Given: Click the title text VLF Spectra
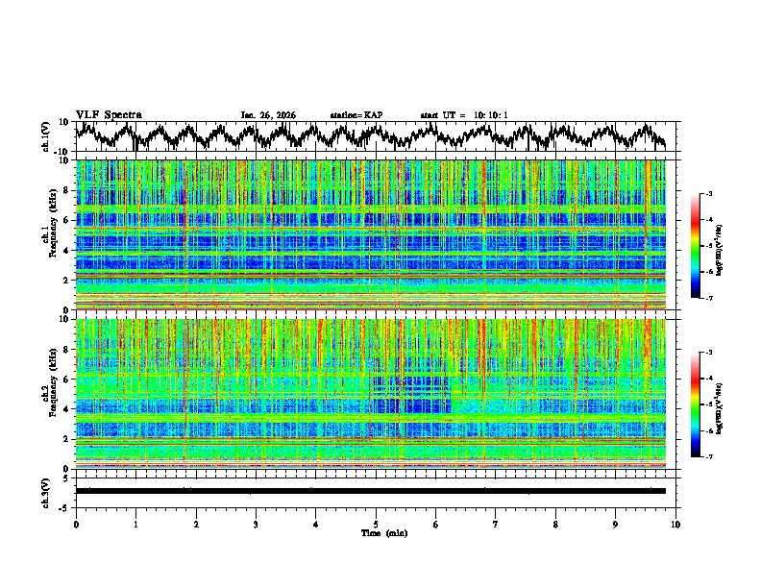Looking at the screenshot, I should click(109, 114).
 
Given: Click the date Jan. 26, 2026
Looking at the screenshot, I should click(268, 115).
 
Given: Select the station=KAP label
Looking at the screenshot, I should click(356, 115).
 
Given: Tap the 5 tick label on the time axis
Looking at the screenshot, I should click(376, 525).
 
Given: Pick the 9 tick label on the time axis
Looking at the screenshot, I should click(616, 525).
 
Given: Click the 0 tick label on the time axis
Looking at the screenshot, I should click(76, 525).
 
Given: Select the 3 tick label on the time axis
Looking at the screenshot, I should click(256, 525).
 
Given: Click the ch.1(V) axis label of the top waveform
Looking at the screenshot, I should click(46, 136).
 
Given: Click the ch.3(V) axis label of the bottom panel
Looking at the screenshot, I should click(46, 490).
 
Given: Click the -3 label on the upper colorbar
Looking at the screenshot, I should click(709, 194).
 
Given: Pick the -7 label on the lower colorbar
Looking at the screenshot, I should click(709, 457).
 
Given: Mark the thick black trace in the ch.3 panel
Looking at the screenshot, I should click(370, 491).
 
